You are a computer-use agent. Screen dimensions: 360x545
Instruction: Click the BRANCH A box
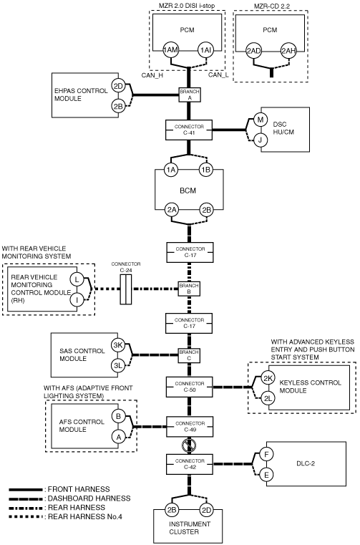[x=190, y=95]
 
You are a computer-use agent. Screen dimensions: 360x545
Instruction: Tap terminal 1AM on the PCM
[x=170, y=50]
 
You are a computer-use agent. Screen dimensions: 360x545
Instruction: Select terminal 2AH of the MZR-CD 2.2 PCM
[x=288, y=51]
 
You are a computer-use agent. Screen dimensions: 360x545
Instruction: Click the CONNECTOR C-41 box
[x=189, y=130]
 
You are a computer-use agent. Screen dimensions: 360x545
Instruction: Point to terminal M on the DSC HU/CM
[x=260, y=120]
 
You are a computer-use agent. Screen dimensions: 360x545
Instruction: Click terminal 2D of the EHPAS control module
[x=119, y=85]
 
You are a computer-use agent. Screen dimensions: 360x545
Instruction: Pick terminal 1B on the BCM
[x=206, y=170]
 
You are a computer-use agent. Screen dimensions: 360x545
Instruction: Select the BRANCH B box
[x=189, y=289]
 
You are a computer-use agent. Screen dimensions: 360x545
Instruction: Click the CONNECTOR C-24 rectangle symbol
[x=126, y=289]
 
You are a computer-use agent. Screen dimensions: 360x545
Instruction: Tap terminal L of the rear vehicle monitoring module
[x=77, y=279]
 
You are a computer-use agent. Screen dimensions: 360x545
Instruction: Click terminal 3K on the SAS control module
[x=118, y=345]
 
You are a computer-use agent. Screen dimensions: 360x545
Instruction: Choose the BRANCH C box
[x=189, y=355]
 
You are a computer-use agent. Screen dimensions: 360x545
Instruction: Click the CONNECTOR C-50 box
[x=190, y=387]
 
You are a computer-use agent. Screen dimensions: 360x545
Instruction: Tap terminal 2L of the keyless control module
[x=268, y=398]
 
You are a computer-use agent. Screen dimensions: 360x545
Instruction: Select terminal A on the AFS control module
[x=119, y=437]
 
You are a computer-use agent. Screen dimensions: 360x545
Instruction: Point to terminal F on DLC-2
[x=266, y=454]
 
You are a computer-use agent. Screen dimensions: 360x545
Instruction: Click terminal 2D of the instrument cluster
[x=206, y=510]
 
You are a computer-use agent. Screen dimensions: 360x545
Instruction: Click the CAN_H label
[x=152, y=74]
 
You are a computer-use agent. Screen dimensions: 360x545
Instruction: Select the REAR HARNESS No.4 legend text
[x=85, y=516]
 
